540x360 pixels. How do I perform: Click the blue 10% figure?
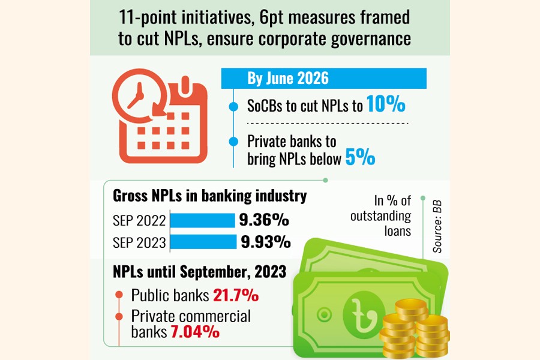pyautogui.click(x=386, y=106)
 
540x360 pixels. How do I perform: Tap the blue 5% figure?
pyautogui.click(x=359, y=158)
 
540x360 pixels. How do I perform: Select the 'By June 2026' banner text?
pyautogui.click(x=288, y=79)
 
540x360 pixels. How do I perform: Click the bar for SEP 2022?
pyautogui.click(x=202, y=220)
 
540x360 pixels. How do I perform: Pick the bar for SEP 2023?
pyautogui.click(x=204, y=242)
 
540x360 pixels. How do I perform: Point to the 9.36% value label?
pyautogui.click(x=264, y=220)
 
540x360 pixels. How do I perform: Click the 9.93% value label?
pyautogui.click(x=266, y=242)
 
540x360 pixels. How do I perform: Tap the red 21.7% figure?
pyautogui.click(x=235, y=295)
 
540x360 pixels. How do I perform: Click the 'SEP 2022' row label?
pyautogui.click(x=139, y=221)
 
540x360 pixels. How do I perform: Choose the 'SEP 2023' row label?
pyautogui.click(x=139, y=242)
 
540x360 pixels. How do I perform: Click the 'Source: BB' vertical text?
pyautogui.click(x=437, y=221)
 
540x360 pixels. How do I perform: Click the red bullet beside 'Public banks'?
pyautogui.click(x=119, y=296)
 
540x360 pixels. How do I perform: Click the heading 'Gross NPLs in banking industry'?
pyautogui.click(x=210, y=196)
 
